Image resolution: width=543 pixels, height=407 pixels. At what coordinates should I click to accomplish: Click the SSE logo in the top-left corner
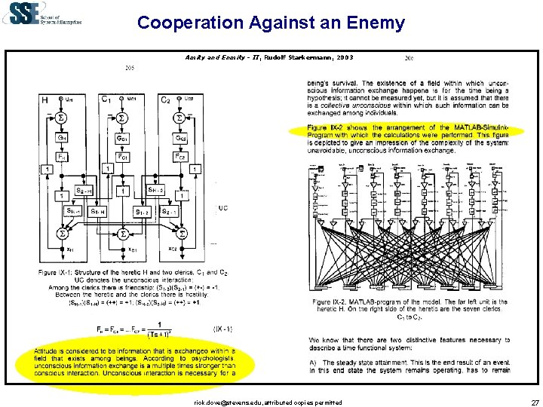tap(41, 15)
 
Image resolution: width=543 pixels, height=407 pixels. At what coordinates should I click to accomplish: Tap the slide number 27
tap(535, 403)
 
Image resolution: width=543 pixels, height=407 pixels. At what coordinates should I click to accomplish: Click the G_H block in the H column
tap(63, 138)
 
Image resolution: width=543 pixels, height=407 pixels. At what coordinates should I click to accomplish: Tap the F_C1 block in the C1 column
tap(123, 157)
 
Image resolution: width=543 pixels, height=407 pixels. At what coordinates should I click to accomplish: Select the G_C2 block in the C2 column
tap(180, 139)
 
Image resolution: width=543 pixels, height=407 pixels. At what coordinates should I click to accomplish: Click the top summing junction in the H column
tap(63, 118)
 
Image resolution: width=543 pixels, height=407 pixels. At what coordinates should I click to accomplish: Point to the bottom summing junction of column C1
tap(123, 236)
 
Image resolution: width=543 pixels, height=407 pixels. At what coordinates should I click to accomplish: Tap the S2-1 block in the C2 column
tap(170, 212)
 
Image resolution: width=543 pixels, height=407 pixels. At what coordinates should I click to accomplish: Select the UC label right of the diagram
tap(222, 207)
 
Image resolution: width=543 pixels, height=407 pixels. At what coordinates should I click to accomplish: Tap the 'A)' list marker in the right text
tap(313, 363)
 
